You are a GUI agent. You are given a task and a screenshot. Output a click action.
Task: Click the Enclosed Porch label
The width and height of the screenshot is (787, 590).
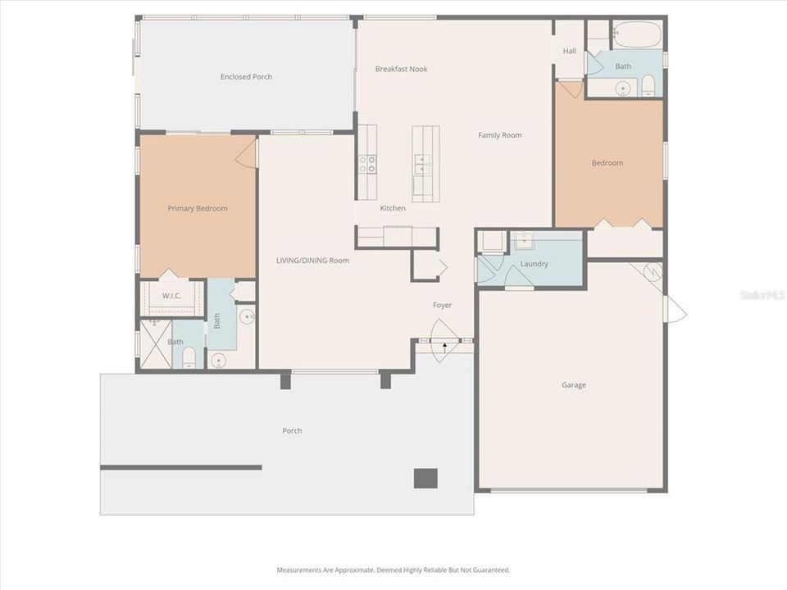246,77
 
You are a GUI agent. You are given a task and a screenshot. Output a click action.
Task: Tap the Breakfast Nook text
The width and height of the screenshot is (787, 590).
401,69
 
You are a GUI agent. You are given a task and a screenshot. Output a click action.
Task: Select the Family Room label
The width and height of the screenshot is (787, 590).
499,135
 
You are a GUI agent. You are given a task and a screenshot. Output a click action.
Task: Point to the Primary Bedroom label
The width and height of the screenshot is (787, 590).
198,208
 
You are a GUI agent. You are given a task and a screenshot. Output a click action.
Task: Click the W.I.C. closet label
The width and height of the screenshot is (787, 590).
171,296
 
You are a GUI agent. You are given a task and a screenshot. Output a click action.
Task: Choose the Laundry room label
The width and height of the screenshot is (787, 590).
534,264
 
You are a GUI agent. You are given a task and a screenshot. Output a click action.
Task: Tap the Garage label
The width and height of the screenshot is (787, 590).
574,385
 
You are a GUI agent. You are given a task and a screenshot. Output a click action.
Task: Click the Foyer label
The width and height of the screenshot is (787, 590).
442,305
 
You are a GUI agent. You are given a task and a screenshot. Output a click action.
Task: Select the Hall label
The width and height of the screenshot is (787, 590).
569,51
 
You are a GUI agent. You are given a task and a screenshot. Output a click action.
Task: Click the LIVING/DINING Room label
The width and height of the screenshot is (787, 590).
312,261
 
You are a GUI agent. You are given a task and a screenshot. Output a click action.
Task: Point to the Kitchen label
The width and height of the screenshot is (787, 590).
393,207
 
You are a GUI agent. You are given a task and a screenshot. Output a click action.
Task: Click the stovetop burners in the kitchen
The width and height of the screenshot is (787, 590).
367,164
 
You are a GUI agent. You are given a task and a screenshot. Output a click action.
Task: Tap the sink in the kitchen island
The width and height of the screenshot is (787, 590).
422,165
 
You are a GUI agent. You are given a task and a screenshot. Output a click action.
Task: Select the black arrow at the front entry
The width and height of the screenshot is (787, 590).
444,345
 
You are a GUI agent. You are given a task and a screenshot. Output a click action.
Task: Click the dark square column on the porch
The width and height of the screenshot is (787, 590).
425,479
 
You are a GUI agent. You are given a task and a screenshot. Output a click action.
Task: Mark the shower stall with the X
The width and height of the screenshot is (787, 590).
156,344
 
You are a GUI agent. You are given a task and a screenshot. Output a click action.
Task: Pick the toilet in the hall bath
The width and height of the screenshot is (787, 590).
648,86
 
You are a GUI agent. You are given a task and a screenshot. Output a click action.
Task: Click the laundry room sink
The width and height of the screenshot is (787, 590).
525,241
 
